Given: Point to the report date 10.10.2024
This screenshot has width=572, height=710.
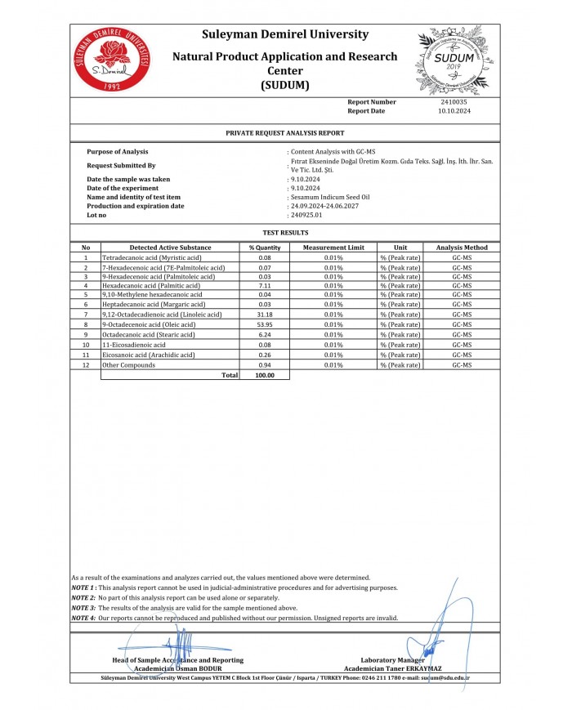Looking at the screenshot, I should (454, 110).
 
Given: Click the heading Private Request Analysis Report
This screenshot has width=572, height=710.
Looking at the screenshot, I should (284, 132).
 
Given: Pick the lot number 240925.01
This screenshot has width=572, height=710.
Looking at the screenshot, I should (306, 215).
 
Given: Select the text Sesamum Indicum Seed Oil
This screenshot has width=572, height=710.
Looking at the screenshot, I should (331, 197).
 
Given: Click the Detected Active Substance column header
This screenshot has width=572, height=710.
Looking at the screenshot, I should (170, 248).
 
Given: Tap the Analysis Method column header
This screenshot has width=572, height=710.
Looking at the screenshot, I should (462, 248).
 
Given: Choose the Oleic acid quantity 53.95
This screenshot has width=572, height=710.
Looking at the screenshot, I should (264, 324).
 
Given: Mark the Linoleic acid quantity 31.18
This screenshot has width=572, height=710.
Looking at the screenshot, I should (264, 315).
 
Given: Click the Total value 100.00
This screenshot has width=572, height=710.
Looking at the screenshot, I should (264, 375).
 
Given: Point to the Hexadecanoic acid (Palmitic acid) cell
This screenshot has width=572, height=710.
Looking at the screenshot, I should (151, 286).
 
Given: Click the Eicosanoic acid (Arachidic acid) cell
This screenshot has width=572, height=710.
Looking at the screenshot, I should (148, 355).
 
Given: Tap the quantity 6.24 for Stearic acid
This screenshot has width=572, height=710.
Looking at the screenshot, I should (264, 334).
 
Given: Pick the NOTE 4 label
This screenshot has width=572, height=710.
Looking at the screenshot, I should (83, 618).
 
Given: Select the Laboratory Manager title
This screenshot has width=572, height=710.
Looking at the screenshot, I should (393, 660).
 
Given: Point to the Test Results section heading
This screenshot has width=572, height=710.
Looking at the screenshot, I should (284, 233).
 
